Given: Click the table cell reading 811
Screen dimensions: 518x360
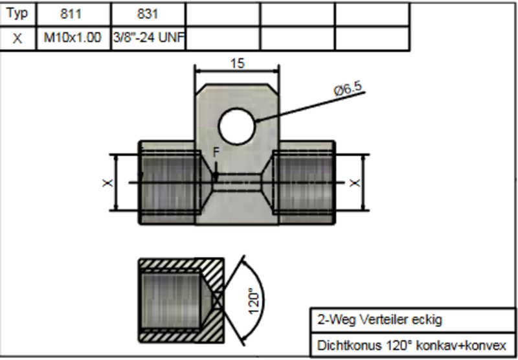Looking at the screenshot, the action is [x=74, y=14].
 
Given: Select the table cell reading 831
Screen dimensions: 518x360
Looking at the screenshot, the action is [x=148, y=14].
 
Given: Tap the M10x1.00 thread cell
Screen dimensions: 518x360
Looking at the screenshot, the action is [x=74, y=38].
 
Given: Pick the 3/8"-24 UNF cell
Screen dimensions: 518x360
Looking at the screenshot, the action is [x=148, y=38].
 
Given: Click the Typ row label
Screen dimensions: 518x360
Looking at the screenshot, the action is [x=17, y=14].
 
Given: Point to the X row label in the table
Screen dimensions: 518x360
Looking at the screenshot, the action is [x=17, y=38].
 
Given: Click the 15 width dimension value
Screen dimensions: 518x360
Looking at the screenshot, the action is [x=237, y=63].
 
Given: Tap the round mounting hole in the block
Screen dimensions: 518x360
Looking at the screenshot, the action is [x=236, y=126].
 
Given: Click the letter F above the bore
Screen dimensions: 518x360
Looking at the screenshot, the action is [x=216, y=152].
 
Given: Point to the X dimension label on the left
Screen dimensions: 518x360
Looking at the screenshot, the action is [x=107, y=183].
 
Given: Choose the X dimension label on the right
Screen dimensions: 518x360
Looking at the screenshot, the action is [x=354, y=183].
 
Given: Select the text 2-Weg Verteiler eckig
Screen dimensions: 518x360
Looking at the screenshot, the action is [x=379, y=320].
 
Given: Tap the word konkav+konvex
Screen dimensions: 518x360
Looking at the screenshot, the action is [x=461, y=346].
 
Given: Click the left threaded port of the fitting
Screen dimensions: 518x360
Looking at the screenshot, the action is [x=169, y=183].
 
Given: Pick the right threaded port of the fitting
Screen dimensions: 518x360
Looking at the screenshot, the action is [x=304, y=183].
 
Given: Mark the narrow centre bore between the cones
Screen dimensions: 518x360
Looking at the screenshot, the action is [x=237, y=183].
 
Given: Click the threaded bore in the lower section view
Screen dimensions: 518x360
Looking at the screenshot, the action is [x=170, y=300].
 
